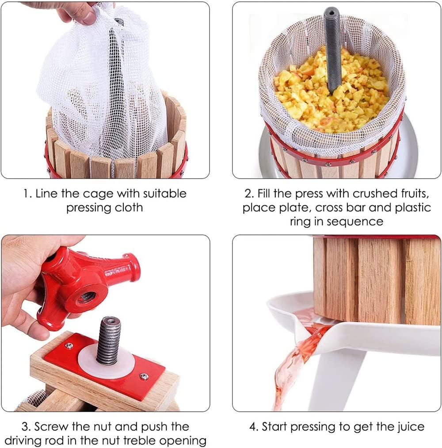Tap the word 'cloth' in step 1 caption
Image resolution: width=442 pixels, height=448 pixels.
[129, 208]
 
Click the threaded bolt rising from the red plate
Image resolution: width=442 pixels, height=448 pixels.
[108, 340]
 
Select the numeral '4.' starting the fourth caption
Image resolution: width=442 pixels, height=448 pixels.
[254, 427]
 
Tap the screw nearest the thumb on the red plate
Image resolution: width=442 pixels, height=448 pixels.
[69, 346]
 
